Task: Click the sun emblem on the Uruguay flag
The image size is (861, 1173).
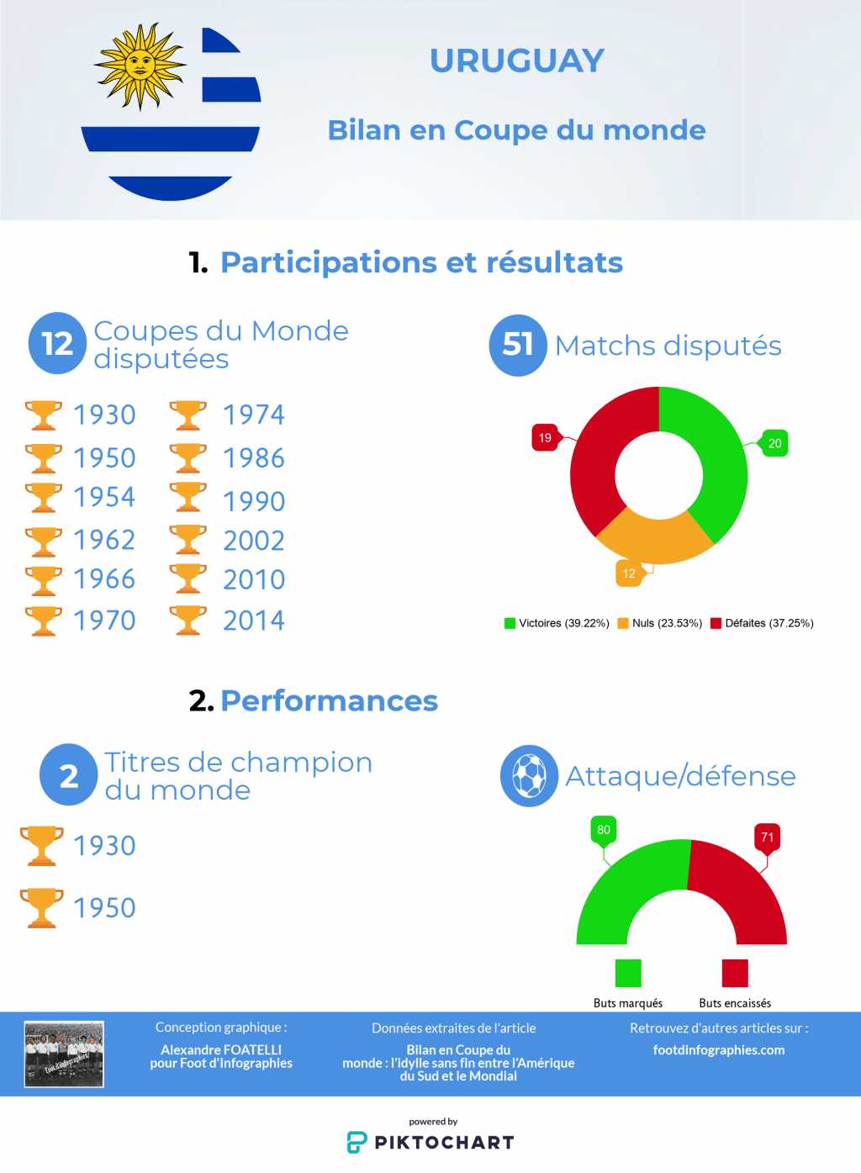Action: pyautogui.click(x=140, y=66)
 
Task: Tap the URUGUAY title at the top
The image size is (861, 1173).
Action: pyautogui.click(x=517, y=61)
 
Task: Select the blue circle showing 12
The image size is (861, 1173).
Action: pyautogui.click(x=57, y=343)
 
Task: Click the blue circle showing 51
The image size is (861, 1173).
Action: pyautogui.click(x=518, y=345)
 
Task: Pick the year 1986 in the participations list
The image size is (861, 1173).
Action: pyautogui.click(x=253, y=458)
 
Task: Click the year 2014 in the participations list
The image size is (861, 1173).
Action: pyautogui.click(x=253, y=621)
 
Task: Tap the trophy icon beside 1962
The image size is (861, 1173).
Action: pyautogui.click(x=44, y=542)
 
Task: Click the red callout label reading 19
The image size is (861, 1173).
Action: pyautogui.click(x=545, y=437)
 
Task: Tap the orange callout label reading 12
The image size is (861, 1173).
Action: pyautogui.click(x=629, y=573)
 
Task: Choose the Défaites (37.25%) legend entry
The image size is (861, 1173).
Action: pyautogui.click(x=762, y=623)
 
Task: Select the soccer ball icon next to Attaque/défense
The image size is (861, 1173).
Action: pyautogui.click(x=529, y=775)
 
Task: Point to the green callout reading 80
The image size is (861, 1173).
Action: pyautogui.click(x=604, y=830)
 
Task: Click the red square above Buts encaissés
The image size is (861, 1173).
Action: pyautogui.click(x=735, y=973)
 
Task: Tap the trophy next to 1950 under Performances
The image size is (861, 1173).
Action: pyautogui.click(x=42, y=908)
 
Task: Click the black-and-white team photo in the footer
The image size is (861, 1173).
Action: pyautogui.click(x=64, y=1054)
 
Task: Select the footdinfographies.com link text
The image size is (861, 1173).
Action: pyautogui.click(x=719, y=1050)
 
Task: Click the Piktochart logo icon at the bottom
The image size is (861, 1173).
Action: pyautogui.click(x=357, y=1142)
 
